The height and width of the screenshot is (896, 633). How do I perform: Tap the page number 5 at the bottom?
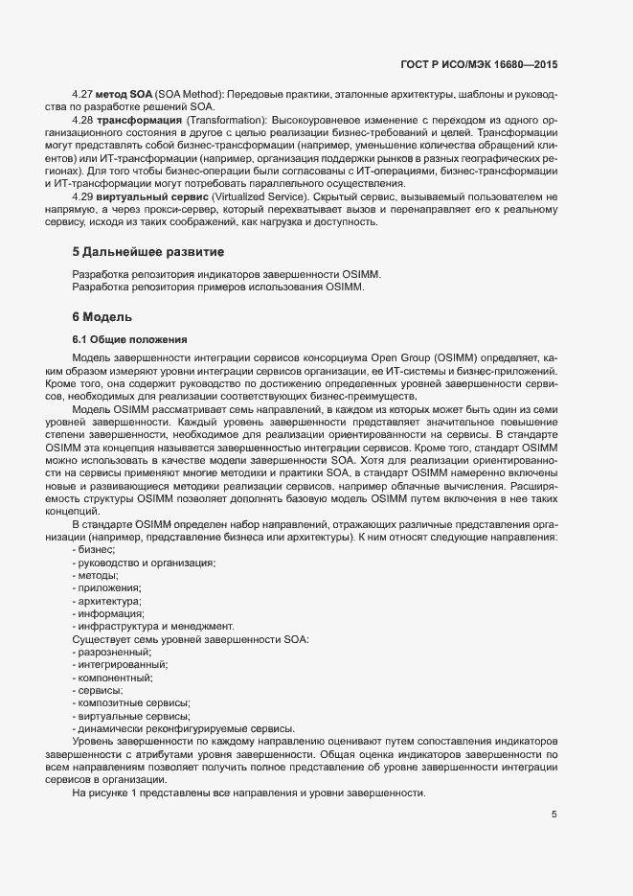tap(554, 815)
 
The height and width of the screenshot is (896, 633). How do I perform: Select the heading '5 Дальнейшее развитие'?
tap(148, 252)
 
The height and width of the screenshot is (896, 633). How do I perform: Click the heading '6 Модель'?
tap(102, 316)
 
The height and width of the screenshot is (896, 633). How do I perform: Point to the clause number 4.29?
tap(84, 196)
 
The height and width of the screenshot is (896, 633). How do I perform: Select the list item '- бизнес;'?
tap(94, 549)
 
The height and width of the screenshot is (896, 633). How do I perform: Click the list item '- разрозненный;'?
tap(111, 652)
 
